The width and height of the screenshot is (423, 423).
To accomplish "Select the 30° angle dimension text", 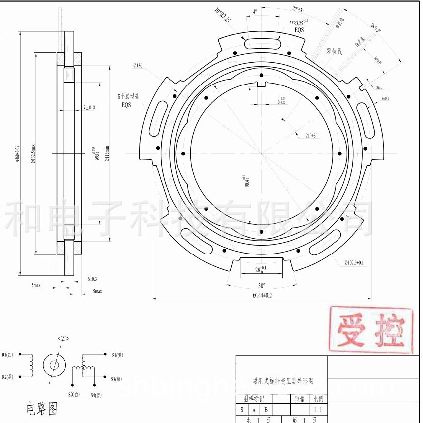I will click(261, 286).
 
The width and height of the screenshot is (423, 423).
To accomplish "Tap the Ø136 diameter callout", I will click(138, 66).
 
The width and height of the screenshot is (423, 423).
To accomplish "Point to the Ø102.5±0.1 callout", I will click(354, 262).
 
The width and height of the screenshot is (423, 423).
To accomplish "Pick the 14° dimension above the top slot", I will click(254, 12).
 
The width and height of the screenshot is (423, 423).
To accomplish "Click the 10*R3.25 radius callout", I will click(222, 15).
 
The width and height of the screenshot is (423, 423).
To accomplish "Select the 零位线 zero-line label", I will click(334, 51).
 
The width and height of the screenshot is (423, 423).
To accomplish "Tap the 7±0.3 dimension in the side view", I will click(89, 107).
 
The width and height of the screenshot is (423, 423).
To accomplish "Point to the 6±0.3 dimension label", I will click(92, 279).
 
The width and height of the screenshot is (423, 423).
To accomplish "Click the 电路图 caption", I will click(42, 409).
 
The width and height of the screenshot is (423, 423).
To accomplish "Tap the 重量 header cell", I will click(300, 399).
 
